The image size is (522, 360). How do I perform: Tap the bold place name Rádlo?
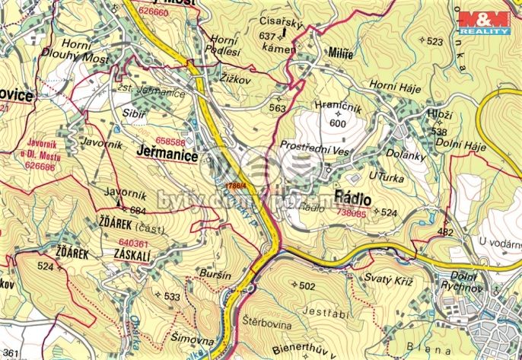click(352, 198)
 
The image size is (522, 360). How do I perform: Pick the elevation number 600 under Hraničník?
click(337, 123)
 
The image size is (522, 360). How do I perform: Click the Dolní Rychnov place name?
click(464, 282)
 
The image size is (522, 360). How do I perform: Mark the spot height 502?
click(307, 286)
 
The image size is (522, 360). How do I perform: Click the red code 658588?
click(170, 142)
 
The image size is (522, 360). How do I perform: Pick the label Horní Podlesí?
click(224, 45)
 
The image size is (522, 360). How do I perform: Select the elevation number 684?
click(138, 210)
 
